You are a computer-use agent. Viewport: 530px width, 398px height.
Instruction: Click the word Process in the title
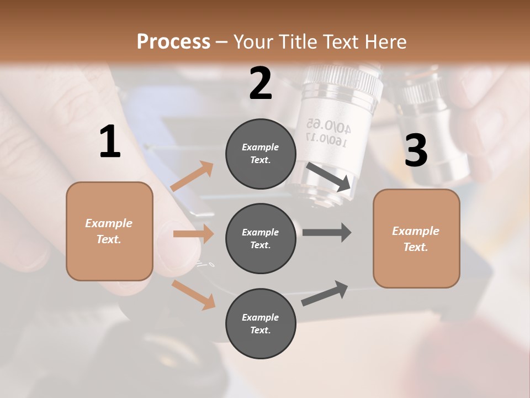[173, 41]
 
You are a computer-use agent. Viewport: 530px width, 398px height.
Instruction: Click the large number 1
[110, 142]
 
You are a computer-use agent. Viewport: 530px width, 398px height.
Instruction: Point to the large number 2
[261, 83]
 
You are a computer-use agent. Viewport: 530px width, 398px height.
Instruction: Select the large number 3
[416, 150]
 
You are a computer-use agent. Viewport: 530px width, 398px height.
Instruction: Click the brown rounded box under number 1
[109, 231]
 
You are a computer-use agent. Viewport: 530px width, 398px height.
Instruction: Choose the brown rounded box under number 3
[416, 239]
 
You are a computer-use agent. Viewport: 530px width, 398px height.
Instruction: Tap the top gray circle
[261, 154]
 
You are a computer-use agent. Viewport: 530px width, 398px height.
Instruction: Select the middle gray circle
[261, 239]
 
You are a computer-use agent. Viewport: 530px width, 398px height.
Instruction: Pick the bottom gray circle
[261, 323]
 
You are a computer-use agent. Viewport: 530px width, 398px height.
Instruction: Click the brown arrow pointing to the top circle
[192, 176]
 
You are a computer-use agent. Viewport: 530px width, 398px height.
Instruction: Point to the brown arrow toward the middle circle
[193, 234]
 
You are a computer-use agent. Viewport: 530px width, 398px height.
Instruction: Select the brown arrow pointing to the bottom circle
[193, 294]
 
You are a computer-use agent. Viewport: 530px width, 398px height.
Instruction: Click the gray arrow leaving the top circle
[329, 176]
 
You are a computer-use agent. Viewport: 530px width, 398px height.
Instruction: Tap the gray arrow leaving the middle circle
[327, 232]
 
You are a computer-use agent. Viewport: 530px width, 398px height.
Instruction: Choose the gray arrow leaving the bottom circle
[325, 294]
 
